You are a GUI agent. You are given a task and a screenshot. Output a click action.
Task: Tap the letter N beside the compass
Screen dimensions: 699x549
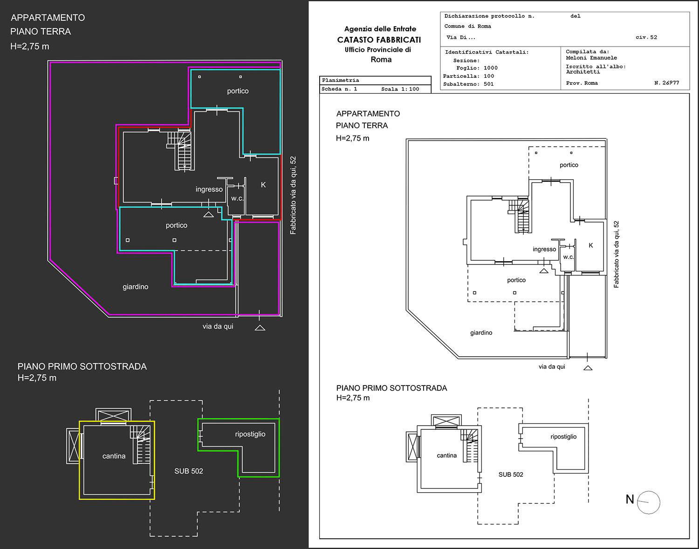pos(630,499)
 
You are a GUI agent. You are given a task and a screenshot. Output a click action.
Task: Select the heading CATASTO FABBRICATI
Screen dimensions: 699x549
pos(379,40)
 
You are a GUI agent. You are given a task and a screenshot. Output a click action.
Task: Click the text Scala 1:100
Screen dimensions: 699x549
pos(400,89)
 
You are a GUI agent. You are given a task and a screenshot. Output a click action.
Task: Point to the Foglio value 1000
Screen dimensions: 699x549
pos(491,68)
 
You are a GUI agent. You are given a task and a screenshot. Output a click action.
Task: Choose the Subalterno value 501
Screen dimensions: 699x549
pos(489,84)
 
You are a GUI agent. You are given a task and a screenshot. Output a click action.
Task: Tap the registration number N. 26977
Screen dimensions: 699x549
pos(666,82)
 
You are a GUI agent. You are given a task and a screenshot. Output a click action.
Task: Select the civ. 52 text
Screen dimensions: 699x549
pos(646,37)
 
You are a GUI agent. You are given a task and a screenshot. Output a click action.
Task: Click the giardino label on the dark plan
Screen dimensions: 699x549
pos(136,287)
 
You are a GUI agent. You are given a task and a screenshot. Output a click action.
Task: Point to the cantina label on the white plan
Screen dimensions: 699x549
pos(447,455)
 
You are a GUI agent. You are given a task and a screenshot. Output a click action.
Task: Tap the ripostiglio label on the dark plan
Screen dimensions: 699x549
pos(250,434)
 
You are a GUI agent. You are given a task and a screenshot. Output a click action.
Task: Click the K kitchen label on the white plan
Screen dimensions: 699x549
pos(591,245)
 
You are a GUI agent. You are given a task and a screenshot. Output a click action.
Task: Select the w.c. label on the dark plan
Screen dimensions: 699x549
pos(237,198)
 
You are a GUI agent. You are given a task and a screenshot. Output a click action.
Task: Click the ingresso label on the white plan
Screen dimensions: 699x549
pos(544,249)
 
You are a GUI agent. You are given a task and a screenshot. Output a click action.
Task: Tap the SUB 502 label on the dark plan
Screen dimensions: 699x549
pos(189,471)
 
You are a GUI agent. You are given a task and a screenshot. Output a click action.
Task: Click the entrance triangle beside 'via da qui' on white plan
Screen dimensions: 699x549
pos(588,368)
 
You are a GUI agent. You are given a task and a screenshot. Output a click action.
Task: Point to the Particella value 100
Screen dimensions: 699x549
pos(489,76)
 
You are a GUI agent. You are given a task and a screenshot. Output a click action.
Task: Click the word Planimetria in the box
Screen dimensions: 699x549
pos(340,80)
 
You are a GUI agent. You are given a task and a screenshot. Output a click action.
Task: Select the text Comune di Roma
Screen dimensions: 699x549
pos(468,26)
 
